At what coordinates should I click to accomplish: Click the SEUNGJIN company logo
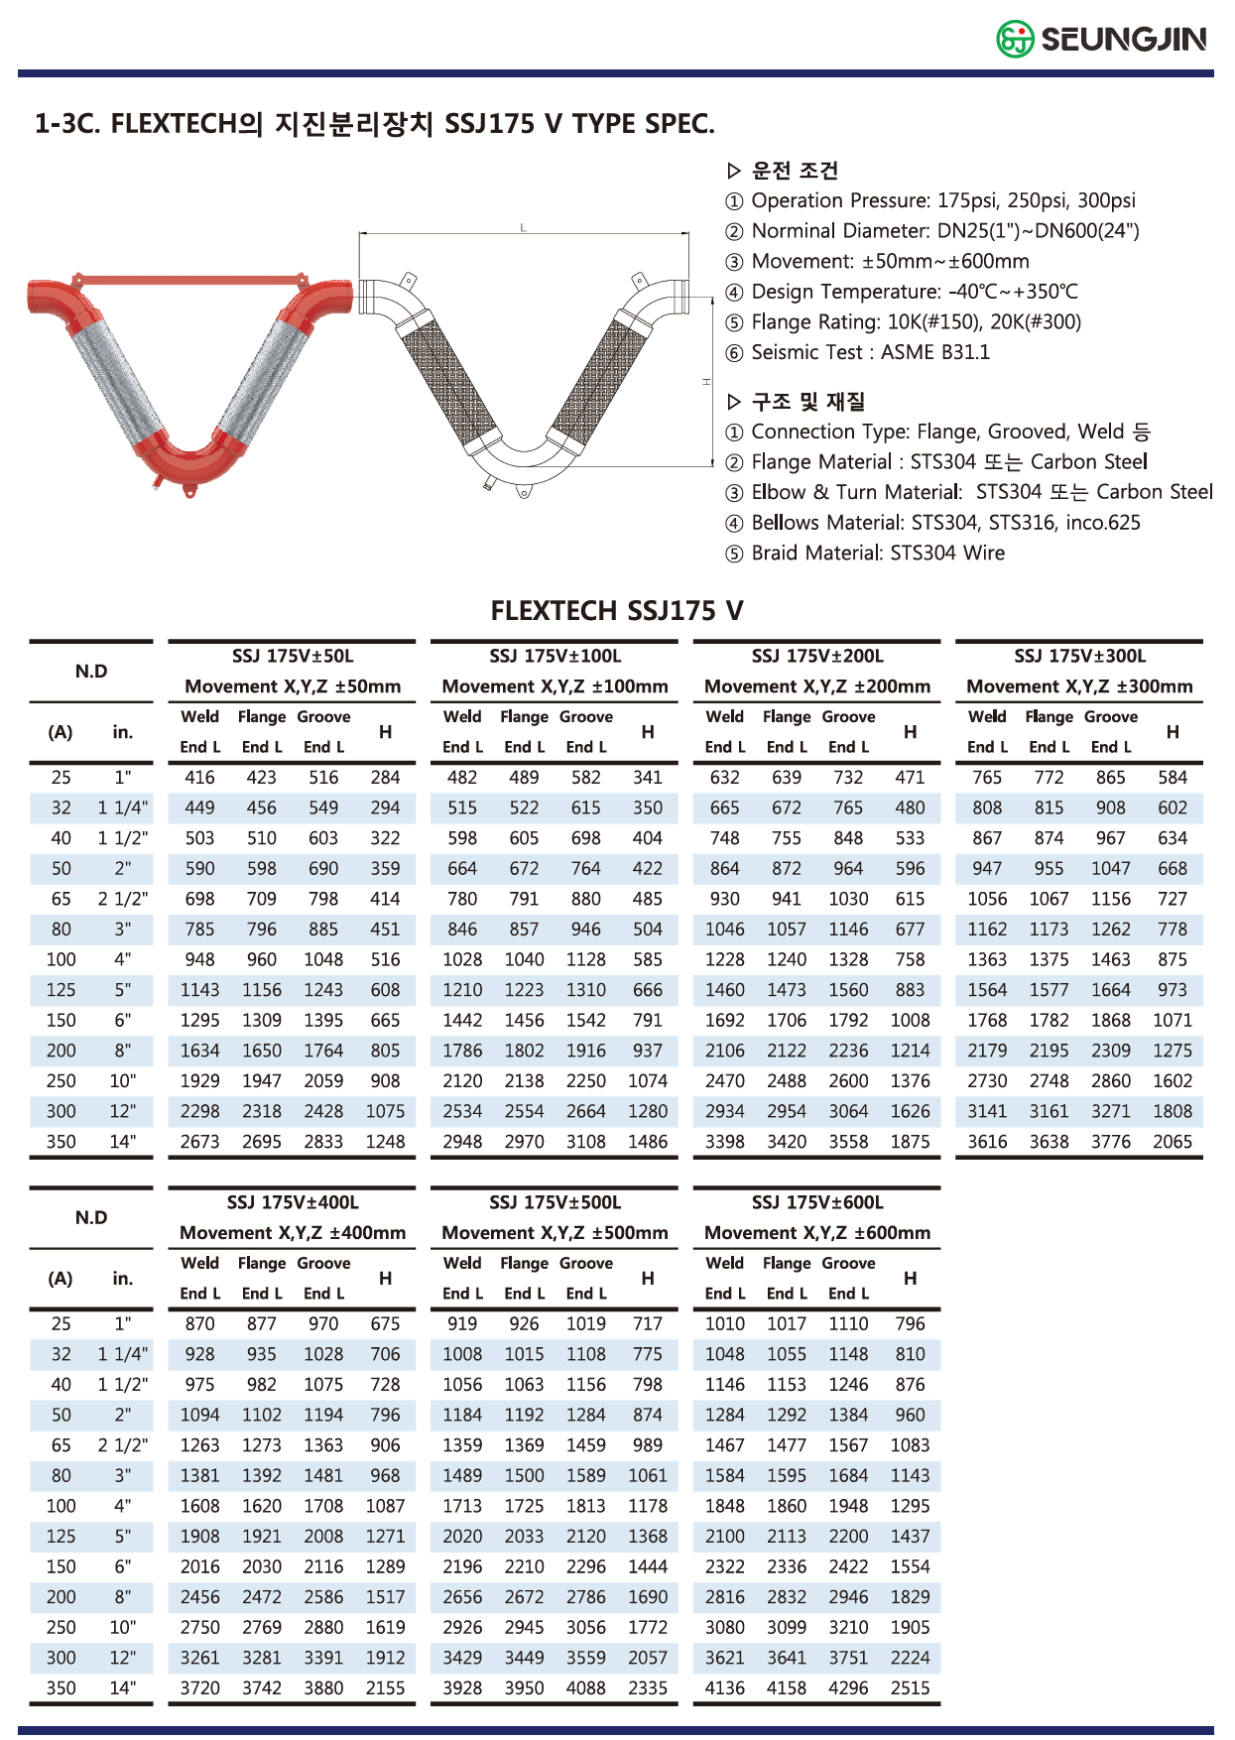tap(1101, 39)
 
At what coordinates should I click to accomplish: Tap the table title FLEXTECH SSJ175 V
tap(616, 610)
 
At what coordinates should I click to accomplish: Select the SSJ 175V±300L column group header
tap(1079, 656)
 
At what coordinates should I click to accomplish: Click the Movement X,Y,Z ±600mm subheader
tap(816, 1233)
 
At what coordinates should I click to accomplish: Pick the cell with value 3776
tap(1110, 1142)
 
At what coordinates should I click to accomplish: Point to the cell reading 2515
tap(910, 1688)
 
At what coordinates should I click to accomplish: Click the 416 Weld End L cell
tap(199, 778)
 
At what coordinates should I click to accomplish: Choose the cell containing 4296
tap(848, 1688)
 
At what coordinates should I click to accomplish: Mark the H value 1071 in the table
tap(1172, 1021)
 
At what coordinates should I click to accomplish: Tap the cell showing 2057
tap(648, 1658)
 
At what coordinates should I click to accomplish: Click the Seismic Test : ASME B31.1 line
tap(869, 352)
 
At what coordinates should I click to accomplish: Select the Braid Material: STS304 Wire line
tap(877, 553)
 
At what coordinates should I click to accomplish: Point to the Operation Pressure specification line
tap(942, 200)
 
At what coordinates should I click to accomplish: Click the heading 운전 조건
tap(795, 171)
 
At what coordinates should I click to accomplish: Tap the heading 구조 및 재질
tap(807, 402)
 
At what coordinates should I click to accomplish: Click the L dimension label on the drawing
tap(524, 228)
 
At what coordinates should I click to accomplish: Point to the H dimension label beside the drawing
tap(706, 381)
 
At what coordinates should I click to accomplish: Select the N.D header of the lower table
tap(91, 1217)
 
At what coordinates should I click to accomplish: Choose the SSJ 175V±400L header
tap(293, 1202)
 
